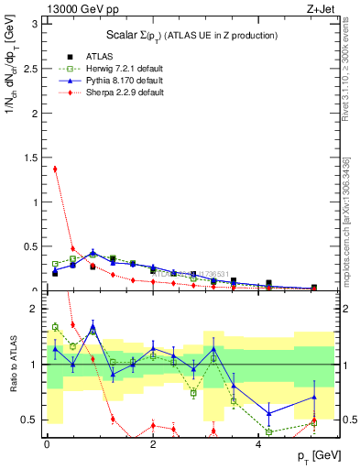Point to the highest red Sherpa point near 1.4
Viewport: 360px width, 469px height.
pyautogui.click(x=55, y=169)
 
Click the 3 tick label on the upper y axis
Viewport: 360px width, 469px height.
pyautogui.click(x=35, y=24)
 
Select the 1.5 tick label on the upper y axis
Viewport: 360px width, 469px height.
pyautogui.click(x=31, y=158)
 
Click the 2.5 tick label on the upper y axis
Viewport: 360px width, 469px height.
pyautogui.click(x=31, y=69)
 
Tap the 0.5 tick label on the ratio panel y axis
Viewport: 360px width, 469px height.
pyautogui.click(x=31, y=420)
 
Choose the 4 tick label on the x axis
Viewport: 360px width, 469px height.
pyautogui.click(x=259, y=444)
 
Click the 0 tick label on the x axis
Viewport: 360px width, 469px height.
pyautogui.click(x=47, y=444)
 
